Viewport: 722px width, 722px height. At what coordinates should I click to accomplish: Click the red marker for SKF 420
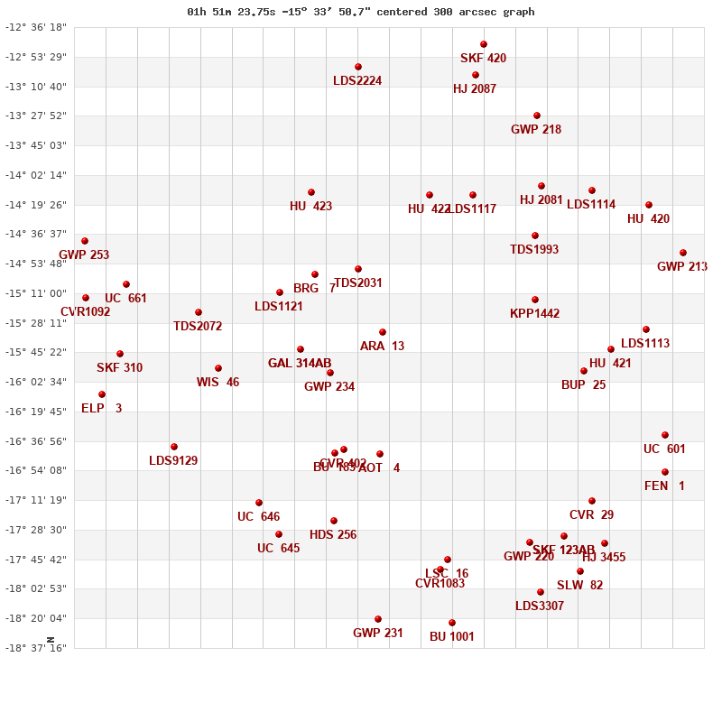tap(484, 44)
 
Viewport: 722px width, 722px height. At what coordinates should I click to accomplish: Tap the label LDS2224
tap(357, 81)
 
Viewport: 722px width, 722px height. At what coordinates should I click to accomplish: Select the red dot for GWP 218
tap(537, 116)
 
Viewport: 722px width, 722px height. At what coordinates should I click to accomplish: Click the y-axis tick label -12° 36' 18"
tap(36, 28)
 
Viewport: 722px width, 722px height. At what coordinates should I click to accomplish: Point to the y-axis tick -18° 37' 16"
tap(36, 648)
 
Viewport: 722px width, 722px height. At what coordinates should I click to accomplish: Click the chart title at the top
tap(361, 12)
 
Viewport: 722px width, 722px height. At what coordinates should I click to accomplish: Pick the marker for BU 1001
tap(452, 623)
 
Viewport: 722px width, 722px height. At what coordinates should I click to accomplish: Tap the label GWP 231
tap(378, 634)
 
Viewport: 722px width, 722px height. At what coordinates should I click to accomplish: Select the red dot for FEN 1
tap(665, 472)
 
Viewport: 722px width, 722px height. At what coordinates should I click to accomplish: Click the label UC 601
tap(664, 449)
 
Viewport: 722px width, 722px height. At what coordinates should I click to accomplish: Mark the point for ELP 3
tap(102, 394)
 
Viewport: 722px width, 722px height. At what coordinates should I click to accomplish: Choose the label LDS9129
tap(173, 461)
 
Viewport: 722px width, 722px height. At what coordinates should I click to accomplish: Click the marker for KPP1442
tap(535, 300)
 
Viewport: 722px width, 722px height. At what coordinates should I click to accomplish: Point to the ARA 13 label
tap(382, 347)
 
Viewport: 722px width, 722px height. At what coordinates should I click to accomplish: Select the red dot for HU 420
tap(649, 205)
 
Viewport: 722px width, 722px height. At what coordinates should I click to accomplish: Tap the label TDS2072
tap(198, 327)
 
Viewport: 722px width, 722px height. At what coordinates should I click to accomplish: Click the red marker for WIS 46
tap(218, 368)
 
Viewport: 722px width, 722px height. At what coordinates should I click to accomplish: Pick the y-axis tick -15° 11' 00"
tap(36, 293)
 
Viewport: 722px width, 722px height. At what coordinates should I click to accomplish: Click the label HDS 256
tap(333, 535)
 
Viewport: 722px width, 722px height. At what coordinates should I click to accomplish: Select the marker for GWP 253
tap(85, 241)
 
